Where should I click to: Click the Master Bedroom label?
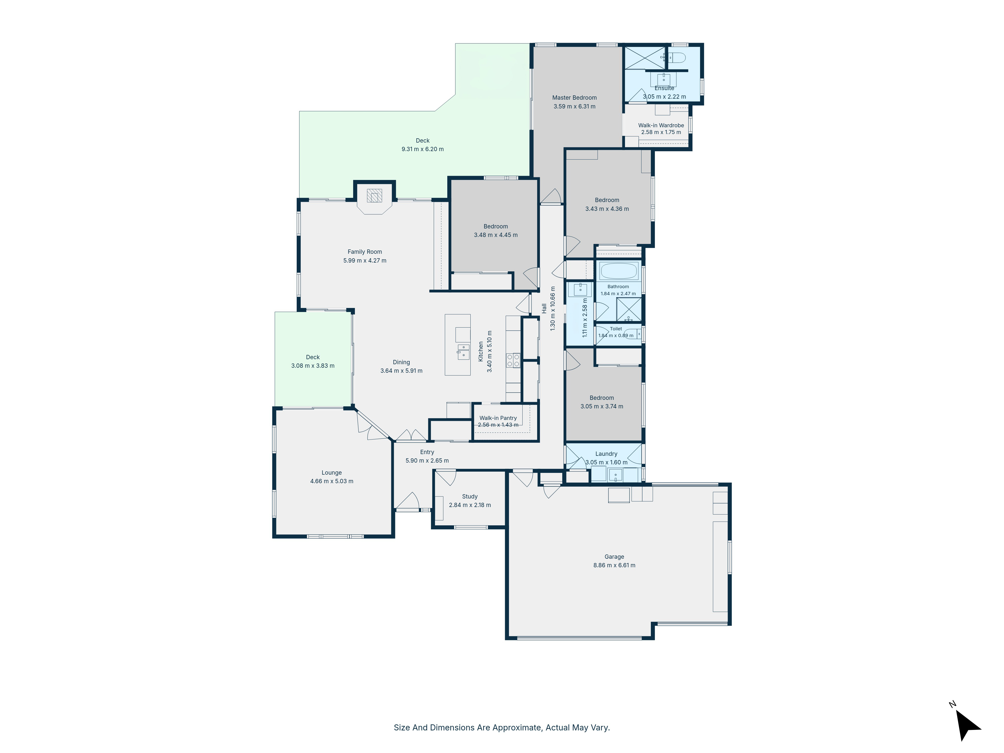tap(574, 98)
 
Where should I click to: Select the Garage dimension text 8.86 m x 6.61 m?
tap(614, 565)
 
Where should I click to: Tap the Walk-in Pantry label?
tap(498, 418)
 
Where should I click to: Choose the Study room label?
tap(470, 496)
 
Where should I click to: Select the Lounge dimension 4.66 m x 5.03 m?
tap(332, 481)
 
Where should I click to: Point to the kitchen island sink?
tap(463, 352)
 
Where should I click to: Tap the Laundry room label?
tap(606, 454)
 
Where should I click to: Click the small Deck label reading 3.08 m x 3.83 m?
tap(313, 366)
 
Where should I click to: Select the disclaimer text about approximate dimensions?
tap(501, 728)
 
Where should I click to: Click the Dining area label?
tap(401, 362)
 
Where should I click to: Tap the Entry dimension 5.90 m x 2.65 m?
tap(427, 461)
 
